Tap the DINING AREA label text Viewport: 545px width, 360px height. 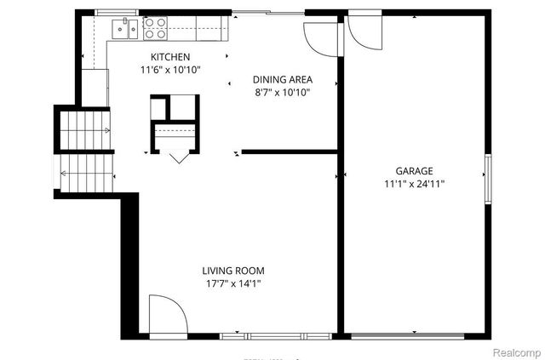(x=281, y=79)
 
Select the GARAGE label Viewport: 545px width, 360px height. (x=413, y=170)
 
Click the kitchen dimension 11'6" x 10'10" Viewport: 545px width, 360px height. (x=170, y=70)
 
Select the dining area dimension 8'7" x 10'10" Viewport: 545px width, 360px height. (x=281, y=92)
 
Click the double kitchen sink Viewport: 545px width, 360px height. (x=126, y=29)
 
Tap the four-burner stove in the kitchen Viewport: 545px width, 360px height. (x=155, y=29)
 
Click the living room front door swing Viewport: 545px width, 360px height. (x=165, y=315)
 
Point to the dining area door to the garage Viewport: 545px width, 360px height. (x=322, y=35)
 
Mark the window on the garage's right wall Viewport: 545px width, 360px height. (x=487, y=179)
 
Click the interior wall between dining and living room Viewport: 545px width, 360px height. (x=290, y=153)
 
